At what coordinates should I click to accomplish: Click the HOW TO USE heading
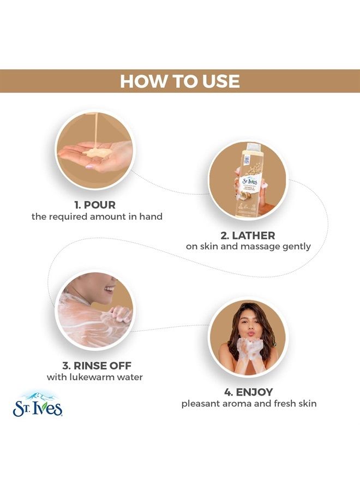(x=179, y=81)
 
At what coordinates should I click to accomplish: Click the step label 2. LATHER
(x=248, y=235)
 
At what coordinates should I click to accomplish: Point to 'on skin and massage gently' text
(x=248, y=247)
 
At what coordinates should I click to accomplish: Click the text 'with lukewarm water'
(x=95, y=378)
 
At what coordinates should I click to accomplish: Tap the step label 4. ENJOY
(x=249, y=392)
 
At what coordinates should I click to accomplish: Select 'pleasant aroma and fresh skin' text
(x=249, y=404)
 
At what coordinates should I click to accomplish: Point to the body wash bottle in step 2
(x=247, y=180)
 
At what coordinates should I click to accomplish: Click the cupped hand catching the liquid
(x=93, y=154)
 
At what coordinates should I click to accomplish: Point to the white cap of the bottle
(x=253, y=147)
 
